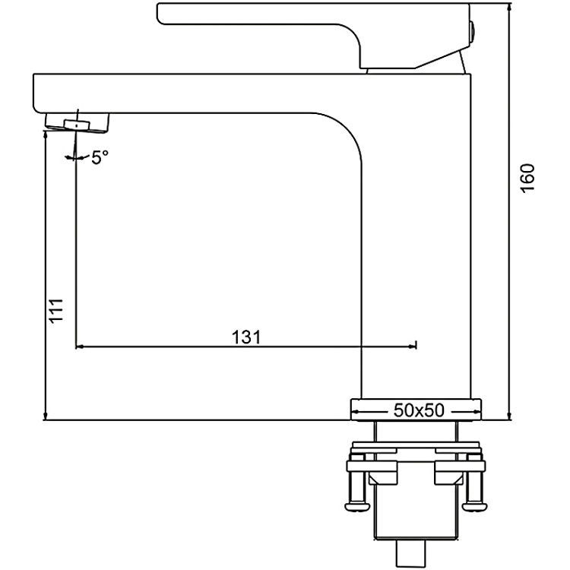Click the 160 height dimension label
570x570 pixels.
tap(528, 178)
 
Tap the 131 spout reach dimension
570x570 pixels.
tap(245, 337)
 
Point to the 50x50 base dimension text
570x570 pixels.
tap(418, 410)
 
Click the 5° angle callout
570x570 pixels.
tap(99, 157)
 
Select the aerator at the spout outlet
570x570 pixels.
tap(78, 122)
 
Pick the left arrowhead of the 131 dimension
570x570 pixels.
tap(80, 347)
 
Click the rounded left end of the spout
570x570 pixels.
tap(36, 93)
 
